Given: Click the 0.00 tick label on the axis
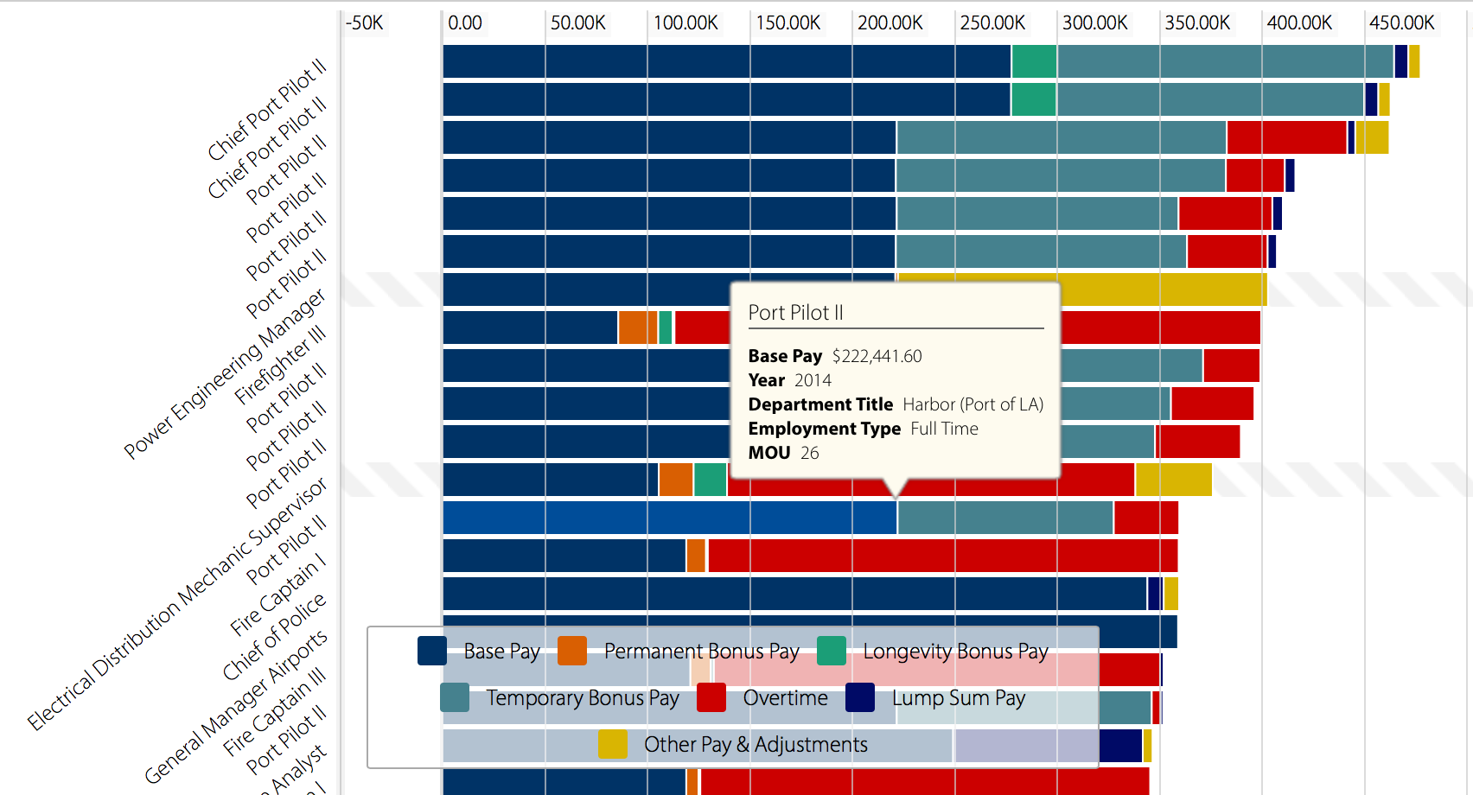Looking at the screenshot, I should coord(465,23).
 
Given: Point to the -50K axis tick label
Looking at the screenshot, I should coord(364,23).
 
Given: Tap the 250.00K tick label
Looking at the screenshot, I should coord(992,23).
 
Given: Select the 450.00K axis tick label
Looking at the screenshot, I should coord(1401,23).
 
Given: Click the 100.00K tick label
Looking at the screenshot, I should coord(685,23).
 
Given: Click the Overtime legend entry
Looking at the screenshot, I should coord(785,698).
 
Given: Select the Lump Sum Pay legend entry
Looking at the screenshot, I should coord(958,698).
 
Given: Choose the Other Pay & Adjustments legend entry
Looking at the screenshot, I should coord(756,745).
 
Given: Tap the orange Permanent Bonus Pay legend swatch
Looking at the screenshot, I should coord(572,651).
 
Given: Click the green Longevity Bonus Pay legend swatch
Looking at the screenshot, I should coord(832,651).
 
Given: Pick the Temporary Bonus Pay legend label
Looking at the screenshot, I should coord(583,698).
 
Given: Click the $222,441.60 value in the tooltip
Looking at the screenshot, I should coord(877,356).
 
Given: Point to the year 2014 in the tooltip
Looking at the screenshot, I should coord(813,380).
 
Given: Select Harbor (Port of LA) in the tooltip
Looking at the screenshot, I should coord(972,404).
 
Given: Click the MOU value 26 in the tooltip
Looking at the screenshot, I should coord(809,453).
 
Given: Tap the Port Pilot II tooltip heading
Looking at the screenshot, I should coord(795,313).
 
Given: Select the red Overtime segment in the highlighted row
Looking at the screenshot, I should coord(1145,518).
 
